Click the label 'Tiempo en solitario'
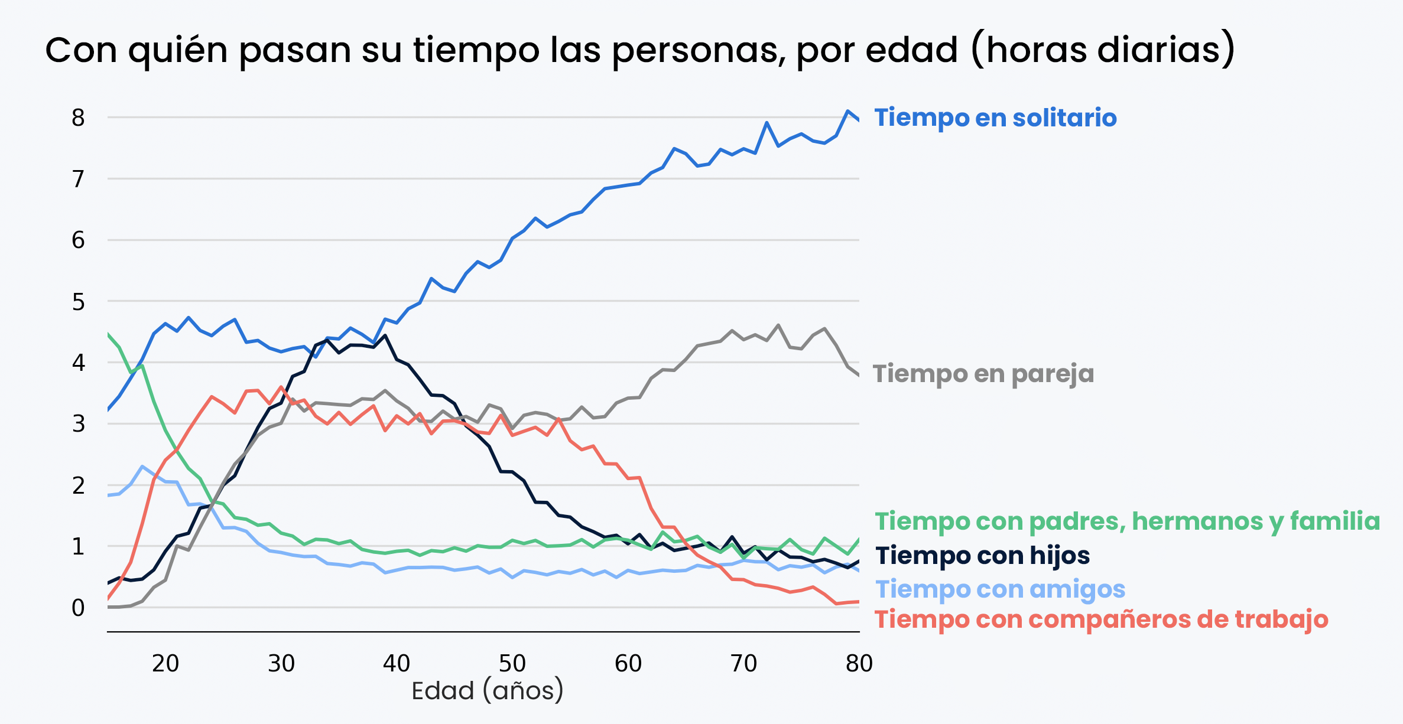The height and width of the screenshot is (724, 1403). tap(995, 118)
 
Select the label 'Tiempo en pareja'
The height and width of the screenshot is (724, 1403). tap(983, 374)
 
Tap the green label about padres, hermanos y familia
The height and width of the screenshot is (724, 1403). tap(1127, 521)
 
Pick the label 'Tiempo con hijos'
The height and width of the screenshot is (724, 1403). tap(982, 556)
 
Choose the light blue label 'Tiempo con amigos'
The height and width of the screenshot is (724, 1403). tap(1000, 589)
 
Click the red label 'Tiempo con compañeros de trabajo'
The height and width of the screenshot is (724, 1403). tap(1102, 619)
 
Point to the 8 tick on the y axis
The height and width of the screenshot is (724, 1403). tap(78, 118)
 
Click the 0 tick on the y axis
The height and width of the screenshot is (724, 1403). tap(78, 608)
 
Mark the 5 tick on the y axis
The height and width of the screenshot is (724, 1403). tap(78, 302)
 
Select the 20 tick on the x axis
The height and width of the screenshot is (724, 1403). tap(165, 664)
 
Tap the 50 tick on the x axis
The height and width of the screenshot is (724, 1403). tap(512, 664)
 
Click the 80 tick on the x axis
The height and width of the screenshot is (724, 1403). tap(859, 664)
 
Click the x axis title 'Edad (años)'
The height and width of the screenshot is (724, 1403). tap(488, 690)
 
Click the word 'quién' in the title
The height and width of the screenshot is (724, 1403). tap(178, 50)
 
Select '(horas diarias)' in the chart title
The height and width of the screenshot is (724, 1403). tap(1103, 50)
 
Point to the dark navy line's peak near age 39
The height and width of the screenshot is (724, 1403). tap(385, 335)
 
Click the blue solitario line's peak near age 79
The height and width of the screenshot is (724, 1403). tap(847, 111)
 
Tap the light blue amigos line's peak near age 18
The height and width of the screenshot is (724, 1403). tap(142, 467)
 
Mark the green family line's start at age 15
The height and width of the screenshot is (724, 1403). tap(108, 334)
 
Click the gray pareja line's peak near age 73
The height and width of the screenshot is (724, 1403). tap(778, 325)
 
